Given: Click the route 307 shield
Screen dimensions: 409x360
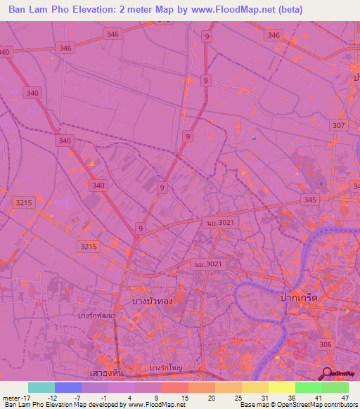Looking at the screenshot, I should (x=339, y=125).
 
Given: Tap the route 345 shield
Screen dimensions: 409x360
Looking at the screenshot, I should (x=310, y=200).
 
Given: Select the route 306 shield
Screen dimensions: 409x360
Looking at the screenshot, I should (x=324, y=344).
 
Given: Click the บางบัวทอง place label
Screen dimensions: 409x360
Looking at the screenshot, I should (x=153, y=301).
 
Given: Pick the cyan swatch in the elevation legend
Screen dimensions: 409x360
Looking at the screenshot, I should (x=41, y=387).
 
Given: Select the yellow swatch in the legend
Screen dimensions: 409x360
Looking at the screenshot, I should (x=281, y=387).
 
